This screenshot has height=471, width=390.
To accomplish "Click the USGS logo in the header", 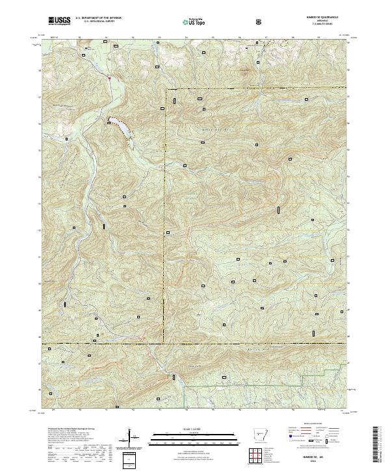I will pyautogui.click(x=59, y=21).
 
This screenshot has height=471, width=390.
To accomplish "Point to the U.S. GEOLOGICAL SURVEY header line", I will pyautogui.click(x=97, y=22).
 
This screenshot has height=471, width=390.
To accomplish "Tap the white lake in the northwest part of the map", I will pyautogui.click(x=121, y=127).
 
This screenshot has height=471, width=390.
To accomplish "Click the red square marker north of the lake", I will pyautogui.click(x=110, y=78).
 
